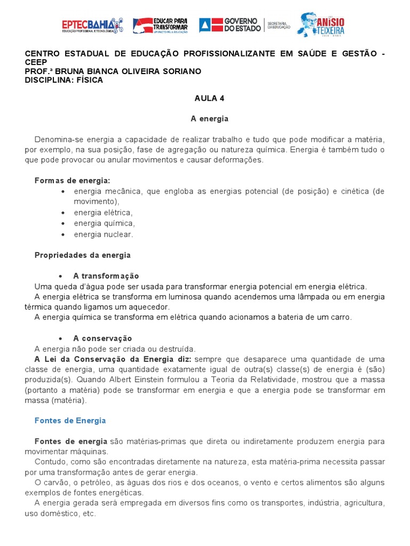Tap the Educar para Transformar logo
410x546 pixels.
(160, 25)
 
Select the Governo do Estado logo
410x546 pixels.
(230, 25)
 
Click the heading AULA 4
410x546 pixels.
(205, 98)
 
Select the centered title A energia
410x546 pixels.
(209, 118)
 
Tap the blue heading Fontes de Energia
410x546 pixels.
(70, 421)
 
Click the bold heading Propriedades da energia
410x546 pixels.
(82, 255)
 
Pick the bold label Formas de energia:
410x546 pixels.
(72, 181)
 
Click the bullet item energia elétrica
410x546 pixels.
(103, 213)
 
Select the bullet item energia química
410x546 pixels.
(104, 223)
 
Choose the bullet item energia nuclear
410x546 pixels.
(103, 235)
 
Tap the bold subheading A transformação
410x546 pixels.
(106, 276)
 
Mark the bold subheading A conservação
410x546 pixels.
(102, 339)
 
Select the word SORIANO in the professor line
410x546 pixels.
(182, 71)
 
